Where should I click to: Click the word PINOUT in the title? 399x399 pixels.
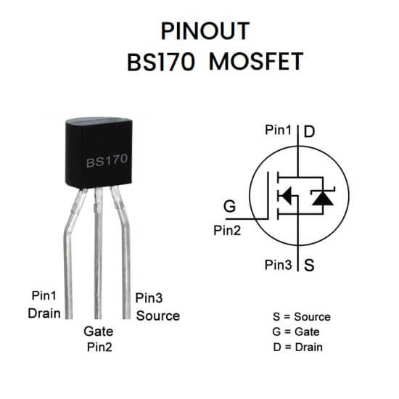pos(205,31)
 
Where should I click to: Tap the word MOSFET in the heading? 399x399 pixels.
pos(256,62)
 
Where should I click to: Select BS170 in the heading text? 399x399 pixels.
pos(161,62)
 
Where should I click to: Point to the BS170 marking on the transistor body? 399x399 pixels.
pos(107,160)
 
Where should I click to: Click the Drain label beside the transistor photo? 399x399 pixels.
pos(44,313)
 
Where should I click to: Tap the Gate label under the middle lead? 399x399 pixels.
pos(99,332)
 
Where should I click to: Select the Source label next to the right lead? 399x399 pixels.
pos(158,316)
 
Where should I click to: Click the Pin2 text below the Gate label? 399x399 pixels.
pos(99,347)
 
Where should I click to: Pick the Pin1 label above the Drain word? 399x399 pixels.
pos(44,296)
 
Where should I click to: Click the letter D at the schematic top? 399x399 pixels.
pos(309,131)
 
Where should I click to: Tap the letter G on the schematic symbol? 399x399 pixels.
pos(229,206)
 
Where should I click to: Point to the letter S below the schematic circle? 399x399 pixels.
pos(309,265)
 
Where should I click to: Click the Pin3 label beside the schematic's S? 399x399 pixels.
pos(278,265)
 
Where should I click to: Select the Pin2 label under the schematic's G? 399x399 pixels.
pos(227,231)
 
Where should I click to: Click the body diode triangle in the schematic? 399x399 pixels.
pos(323,198)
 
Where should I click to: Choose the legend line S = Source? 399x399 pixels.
pos(302,317)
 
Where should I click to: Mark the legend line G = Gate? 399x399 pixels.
pos(296,332)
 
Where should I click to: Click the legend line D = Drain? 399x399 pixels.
pos(297,347)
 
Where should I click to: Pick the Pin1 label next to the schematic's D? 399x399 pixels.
pos(278,130)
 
